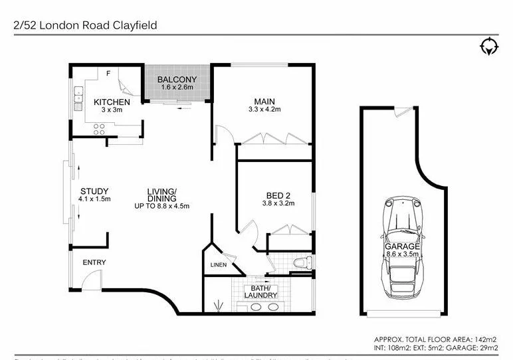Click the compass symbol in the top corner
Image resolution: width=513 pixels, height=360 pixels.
coord(488,46)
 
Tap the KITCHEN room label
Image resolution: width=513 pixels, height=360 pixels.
coord(111,102)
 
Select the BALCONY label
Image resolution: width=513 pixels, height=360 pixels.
coord(175,80)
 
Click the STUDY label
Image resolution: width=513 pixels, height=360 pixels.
coord(94,191)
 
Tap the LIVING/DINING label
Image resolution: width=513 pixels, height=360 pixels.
coord(161,194)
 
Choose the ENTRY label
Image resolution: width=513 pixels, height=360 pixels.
coord(94,262)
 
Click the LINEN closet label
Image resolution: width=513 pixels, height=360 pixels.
coord(219,266)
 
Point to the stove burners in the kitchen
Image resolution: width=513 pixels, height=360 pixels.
coord(100,131)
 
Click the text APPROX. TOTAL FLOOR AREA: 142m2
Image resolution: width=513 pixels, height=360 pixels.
coord(435,337)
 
